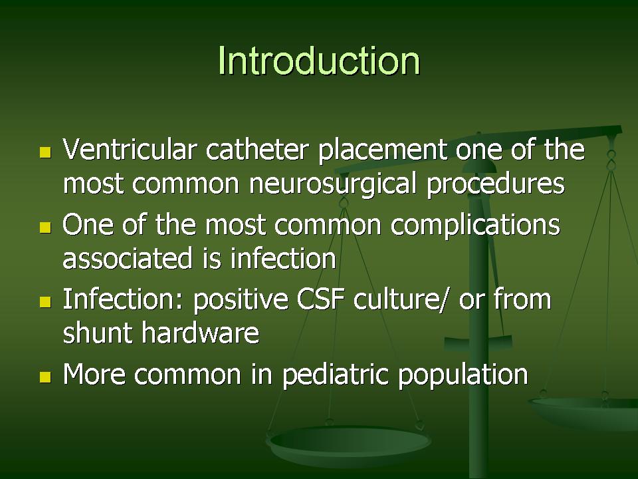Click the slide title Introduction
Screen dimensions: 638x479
tap(319, 61)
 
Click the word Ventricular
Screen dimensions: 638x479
tap(130, 149)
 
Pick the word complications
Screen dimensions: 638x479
tap(475, 226)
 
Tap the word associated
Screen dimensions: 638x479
tap(128, 259)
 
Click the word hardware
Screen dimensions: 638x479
tap(200, 333)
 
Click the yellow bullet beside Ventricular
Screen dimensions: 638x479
tap(46, 152)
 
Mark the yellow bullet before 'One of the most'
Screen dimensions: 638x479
tap(46, 228)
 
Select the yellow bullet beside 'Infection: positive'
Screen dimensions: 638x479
tap(46, 302)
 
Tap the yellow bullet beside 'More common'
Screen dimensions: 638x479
tap(46, 377)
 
